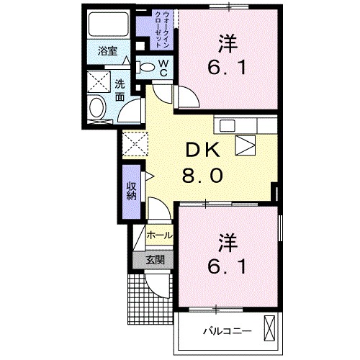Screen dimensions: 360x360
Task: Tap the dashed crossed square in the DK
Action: [x=133, y=143]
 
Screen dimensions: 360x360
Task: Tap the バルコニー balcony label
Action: [x=226, y=333]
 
